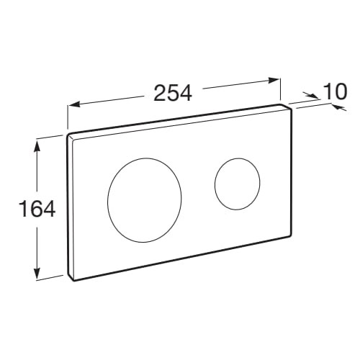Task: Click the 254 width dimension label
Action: pyautogui.click(x=173, y=93)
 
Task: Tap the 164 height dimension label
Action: pyautogui.click(x=38, y=209)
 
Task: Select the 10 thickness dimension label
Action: pyautogui.click(x=335, y=91)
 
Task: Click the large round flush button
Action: pyautogui.click(x=145, y=200)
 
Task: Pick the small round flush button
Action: pyautogui.click(x=237, y=184)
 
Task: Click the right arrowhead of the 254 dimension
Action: pyautogui.click(x=273, y=80)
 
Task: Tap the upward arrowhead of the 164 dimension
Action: pyautogui.click(x=37, y=146)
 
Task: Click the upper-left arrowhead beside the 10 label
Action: pyautogui.click(x=312, y=96)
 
